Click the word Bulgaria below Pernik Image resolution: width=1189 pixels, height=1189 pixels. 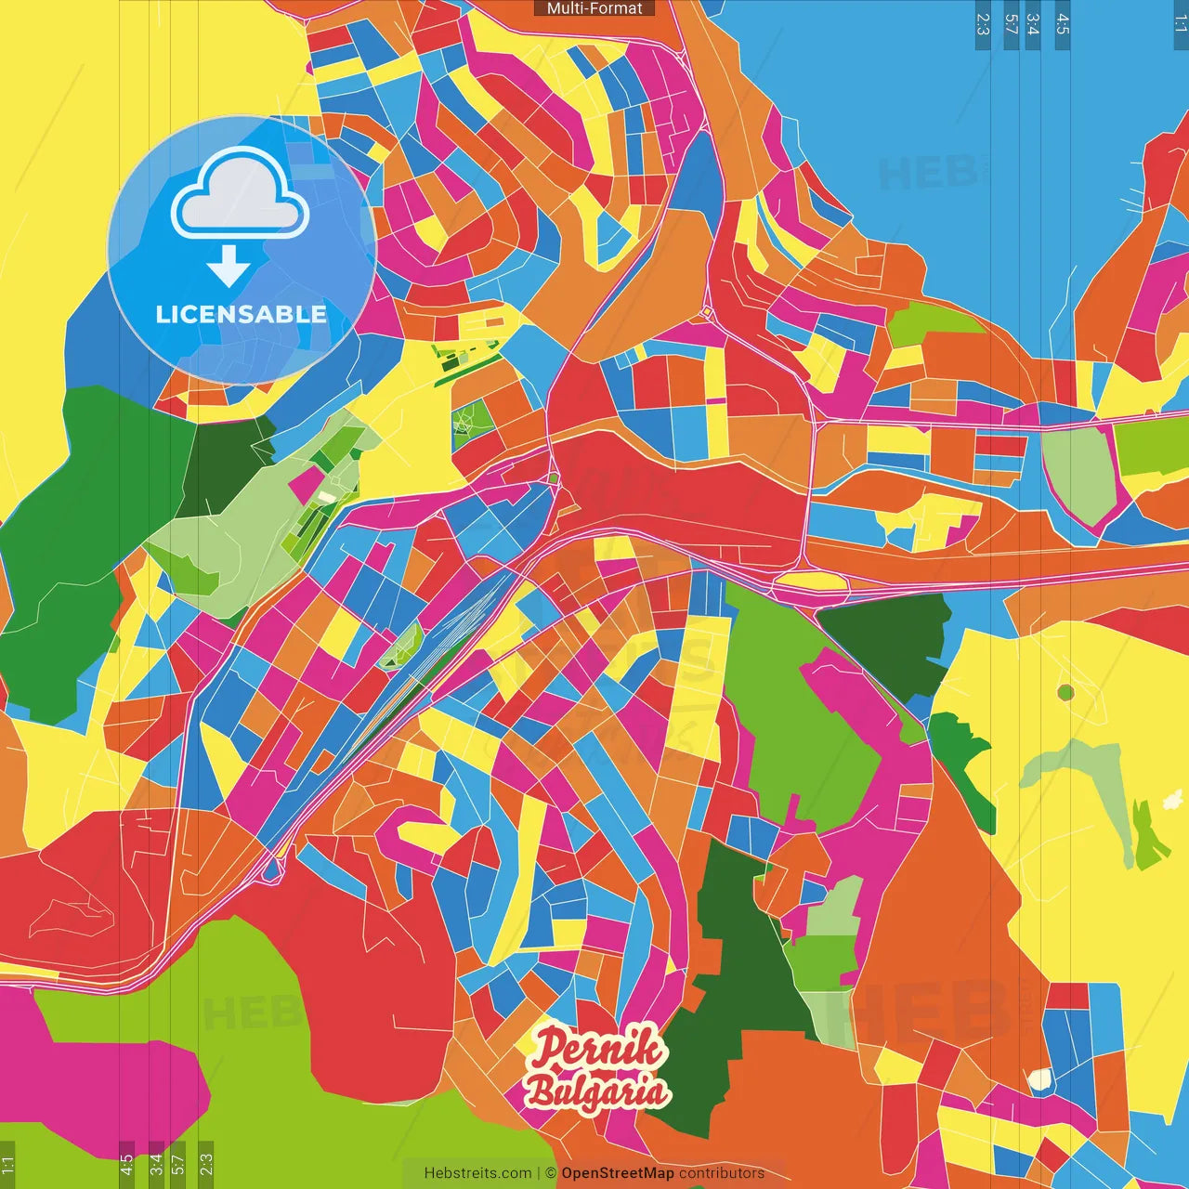[596, 1091]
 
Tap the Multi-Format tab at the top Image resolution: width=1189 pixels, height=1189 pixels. [594, 8]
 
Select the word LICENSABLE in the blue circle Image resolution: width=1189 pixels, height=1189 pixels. [241, 314]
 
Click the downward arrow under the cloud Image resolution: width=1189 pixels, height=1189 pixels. [229, 266]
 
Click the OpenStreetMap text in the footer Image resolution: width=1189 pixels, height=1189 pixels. [617, 1173]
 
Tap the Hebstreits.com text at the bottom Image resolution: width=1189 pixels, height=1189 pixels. [477, 1173]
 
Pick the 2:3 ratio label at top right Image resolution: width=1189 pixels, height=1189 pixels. [983, 24]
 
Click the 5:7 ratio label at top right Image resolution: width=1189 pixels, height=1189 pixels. [1011, 24]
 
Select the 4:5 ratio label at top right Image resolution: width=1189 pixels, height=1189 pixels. [1063, 24]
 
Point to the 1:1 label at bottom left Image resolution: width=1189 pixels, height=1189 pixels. [7, 1164]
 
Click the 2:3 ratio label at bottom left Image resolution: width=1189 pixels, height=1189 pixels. [206, 1164]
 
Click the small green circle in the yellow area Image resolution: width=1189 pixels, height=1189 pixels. [1065, 692]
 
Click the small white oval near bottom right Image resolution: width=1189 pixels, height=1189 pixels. [1039, 1079]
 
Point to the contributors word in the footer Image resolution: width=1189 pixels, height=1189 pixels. [722, 1173]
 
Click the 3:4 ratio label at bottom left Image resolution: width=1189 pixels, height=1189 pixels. [156, 1164]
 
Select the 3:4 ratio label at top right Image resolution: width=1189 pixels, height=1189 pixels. [1032, 24]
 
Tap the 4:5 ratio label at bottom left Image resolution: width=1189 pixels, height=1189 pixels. [126, 1164]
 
